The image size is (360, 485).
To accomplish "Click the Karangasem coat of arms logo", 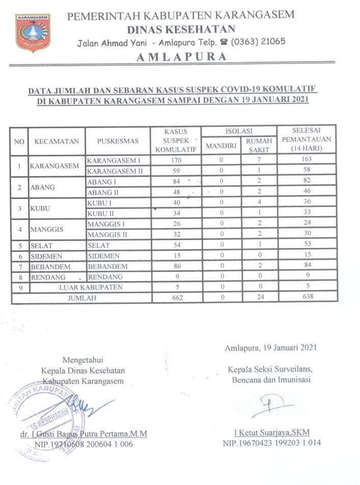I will pos(33,33).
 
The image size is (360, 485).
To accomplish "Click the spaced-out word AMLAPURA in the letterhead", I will pos(181,57).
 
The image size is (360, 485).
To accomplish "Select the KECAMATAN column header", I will pos(57,141).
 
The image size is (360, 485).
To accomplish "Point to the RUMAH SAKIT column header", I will pos(259,145).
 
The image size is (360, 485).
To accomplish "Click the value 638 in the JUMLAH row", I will pos(306,298).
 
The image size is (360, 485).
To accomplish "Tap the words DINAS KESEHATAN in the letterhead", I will pos(181,28).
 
